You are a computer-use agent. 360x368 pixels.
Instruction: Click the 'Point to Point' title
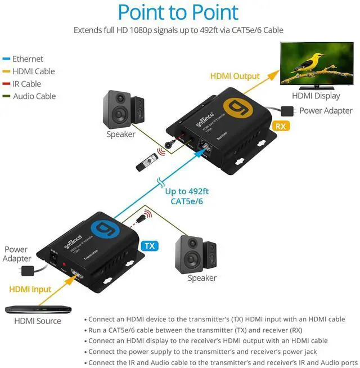178,12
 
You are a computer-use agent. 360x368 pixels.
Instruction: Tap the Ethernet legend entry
28,59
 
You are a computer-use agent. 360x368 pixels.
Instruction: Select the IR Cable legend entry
27,84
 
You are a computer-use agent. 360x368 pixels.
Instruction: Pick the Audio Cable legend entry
34,96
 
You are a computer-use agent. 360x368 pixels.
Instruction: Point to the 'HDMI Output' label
235,76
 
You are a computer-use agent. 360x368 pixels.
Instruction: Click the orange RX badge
280,126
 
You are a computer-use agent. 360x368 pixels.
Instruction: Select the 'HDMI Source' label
38,321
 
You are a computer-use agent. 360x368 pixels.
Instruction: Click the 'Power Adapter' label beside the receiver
326,111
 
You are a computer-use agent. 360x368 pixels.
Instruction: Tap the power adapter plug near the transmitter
25,271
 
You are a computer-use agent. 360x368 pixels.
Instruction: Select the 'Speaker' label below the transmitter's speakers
202,278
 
